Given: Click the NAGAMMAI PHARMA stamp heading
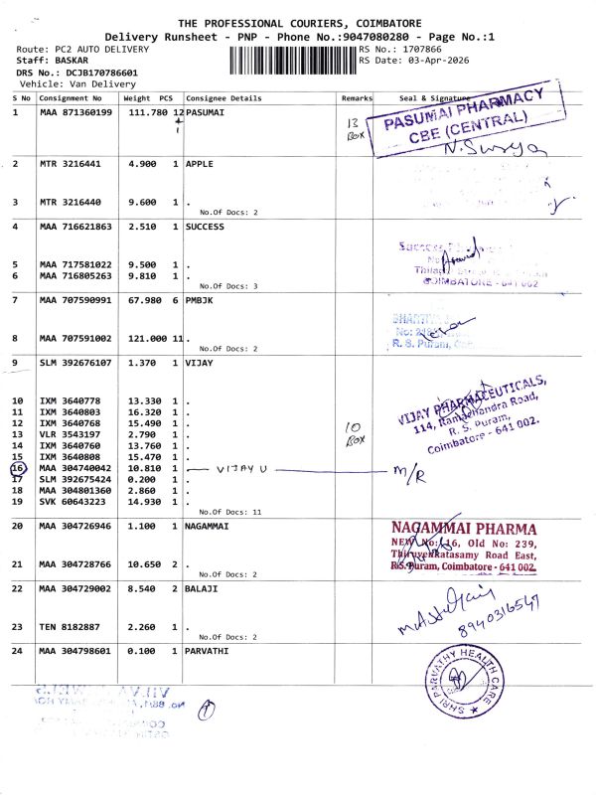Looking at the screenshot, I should click(x=466, y=530).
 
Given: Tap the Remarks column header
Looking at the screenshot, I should click(x=356, y=99).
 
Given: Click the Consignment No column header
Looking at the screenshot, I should click(x=71, y=99).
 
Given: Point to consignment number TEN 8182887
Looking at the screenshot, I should click(x=72, y=626).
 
